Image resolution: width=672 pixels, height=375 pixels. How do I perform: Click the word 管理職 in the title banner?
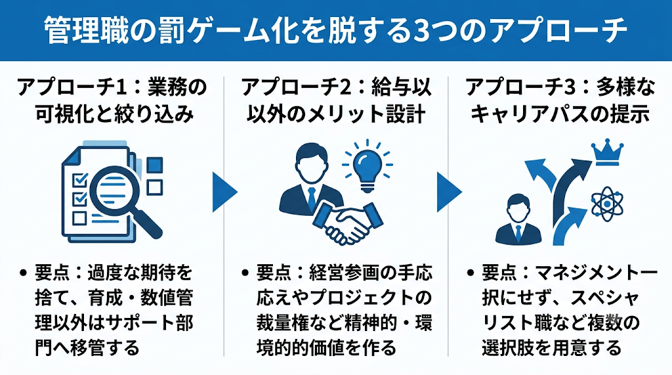(86, 30)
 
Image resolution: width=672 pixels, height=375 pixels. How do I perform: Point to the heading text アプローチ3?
(520, 88)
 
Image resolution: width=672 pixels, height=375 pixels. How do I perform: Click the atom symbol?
(607, 204)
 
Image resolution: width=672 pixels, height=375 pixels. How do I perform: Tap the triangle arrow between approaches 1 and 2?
(224, 192)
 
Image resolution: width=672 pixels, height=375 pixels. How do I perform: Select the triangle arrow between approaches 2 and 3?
(449, 192)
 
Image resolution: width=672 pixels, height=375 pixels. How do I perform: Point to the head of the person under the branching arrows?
(517, 208)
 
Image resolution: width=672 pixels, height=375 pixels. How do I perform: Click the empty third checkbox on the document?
(79, 218)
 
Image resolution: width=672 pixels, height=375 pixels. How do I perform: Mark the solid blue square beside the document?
(155, 165)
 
